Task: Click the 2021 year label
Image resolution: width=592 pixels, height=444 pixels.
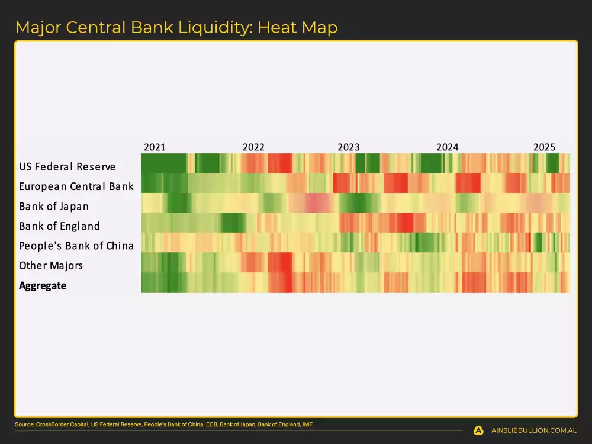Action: (155, 147)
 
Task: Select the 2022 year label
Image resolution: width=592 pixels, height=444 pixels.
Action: (253, 147)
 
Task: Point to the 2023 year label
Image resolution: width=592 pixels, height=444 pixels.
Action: (349, 147)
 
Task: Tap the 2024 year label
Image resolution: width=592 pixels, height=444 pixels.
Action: (448, 147)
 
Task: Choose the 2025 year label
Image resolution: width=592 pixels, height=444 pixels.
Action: (544, 147)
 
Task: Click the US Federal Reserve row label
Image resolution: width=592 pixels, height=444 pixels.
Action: (67, 167)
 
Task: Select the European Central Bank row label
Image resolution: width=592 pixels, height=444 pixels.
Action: (76, 186)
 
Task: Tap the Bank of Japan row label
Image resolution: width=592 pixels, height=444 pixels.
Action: (54, 207)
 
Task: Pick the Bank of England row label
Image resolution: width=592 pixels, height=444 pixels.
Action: (59, 226)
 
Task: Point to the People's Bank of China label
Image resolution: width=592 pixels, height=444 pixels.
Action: (76, 246)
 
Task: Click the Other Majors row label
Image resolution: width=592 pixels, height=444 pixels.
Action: (51, 266)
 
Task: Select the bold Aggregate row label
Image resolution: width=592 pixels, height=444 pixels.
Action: (43, 286)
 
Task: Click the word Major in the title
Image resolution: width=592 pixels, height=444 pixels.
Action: (36, 27)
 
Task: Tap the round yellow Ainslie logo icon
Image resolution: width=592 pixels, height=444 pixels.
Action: (478, 430)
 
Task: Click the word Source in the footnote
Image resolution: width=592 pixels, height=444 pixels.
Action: (25, 424)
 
